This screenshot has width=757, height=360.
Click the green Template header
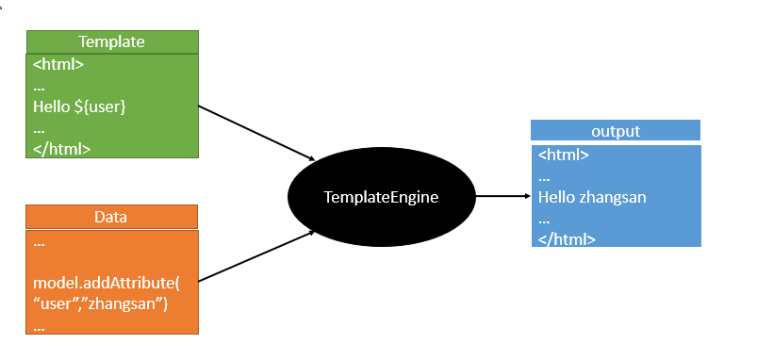point(111,41)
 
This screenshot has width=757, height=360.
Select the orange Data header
point(111,217)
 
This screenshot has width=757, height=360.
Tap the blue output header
point(615,131)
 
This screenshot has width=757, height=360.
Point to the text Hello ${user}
point(79,106)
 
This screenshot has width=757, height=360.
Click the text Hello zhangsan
point(592,198)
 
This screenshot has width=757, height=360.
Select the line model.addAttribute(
point(106,283)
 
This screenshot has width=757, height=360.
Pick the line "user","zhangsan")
point(100,303)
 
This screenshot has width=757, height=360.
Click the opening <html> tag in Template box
point(58,65)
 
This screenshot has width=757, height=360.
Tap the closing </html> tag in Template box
point(61,148)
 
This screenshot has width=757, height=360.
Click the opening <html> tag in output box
point(564,155)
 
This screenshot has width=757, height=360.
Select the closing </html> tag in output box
point(567,238)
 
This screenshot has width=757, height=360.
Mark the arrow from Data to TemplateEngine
point(256,254)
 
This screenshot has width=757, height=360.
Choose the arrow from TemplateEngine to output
point(502,197)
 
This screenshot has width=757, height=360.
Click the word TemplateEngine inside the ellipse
point(381,198)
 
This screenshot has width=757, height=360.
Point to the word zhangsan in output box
point(613,198)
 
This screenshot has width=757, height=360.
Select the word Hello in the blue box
point(557,198)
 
